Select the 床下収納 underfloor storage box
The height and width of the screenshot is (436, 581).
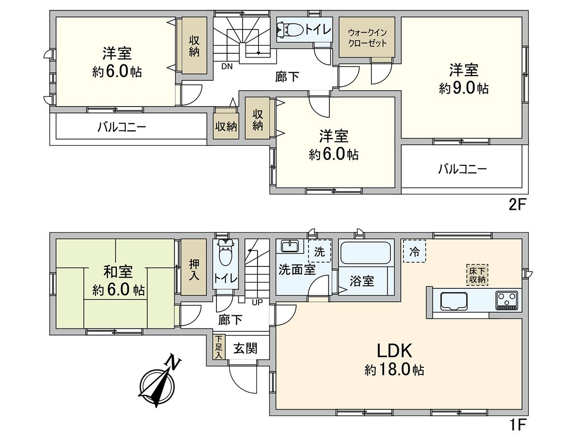477,275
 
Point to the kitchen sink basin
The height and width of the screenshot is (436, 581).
453,301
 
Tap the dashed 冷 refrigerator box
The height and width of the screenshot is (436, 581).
414,251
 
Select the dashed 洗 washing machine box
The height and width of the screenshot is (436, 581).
320,251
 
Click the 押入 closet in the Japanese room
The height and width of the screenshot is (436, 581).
193,268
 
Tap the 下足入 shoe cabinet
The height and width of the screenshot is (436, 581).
218,347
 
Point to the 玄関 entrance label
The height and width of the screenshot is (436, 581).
245,348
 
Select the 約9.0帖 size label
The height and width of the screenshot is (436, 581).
463,88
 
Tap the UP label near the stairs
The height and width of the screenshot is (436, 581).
257,302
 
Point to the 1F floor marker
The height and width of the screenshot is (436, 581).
517,425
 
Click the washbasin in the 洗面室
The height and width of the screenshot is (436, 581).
290,247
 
